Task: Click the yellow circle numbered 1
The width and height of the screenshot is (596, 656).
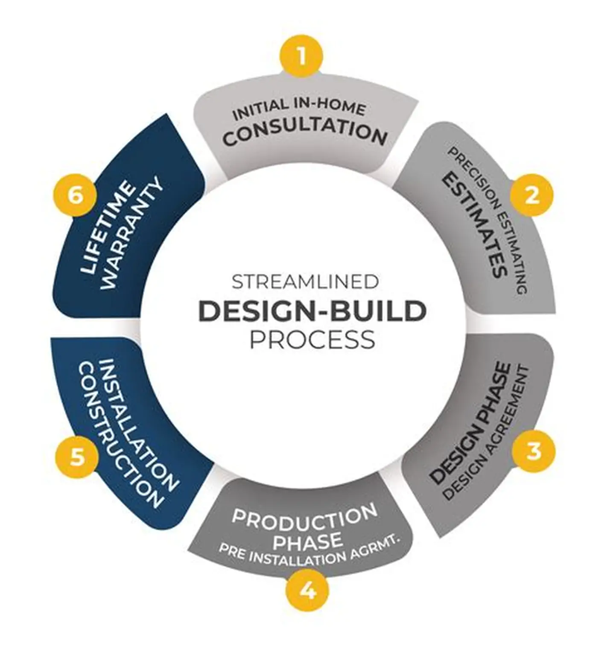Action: click(x=302, y=56)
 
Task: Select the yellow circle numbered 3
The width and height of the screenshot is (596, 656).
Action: click(x=534, y=451)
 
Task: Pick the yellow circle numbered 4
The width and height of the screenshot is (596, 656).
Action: click(x=307, y=592)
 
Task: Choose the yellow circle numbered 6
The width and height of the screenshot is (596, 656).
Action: click(x=75, y=197)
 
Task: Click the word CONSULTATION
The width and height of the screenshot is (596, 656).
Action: click(x=305, y=133)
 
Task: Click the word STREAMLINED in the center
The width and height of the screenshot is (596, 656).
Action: click(x=305, y=283)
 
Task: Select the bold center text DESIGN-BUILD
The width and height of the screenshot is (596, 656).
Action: click(x=313, y=311)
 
